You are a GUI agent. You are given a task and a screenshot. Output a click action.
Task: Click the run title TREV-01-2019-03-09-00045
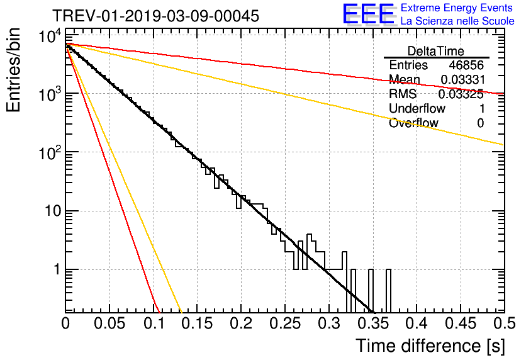[155, 16]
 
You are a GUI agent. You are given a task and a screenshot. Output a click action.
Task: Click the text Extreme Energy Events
[457, 8]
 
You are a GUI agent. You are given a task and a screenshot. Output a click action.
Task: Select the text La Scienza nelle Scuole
[457, 21]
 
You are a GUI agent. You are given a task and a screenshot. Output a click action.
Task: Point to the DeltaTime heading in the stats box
[436, 51]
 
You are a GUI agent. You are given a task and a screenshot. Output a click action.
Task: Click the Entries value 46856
[466, 65]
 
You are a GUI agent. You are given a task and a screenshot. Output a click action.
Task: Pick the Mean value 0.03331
[461, 80]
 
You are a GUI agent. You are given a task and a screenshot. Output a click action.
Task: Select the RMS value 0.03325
[461, 94]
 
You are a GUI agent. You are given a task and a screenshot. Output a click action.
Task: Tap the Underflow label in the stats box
[416, 109]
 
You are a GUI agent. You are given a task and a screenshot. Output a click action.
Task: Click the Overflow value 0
[480, 123]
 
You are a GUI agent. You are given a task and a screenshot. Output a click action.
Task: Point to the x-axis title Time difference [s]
[430, 346]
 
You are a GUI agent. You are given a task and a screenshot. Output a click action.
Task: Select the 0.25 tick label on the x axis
[284, 324]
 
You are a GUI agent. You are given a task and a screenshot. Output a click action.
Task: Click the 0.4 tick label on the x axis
[416, 324]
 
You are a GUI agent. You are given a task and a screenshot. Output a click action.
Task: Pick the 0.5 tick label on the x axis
[503, 324]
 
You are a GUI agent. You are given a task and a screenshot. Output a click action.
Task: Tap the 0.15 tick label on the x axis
[196, 324]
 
